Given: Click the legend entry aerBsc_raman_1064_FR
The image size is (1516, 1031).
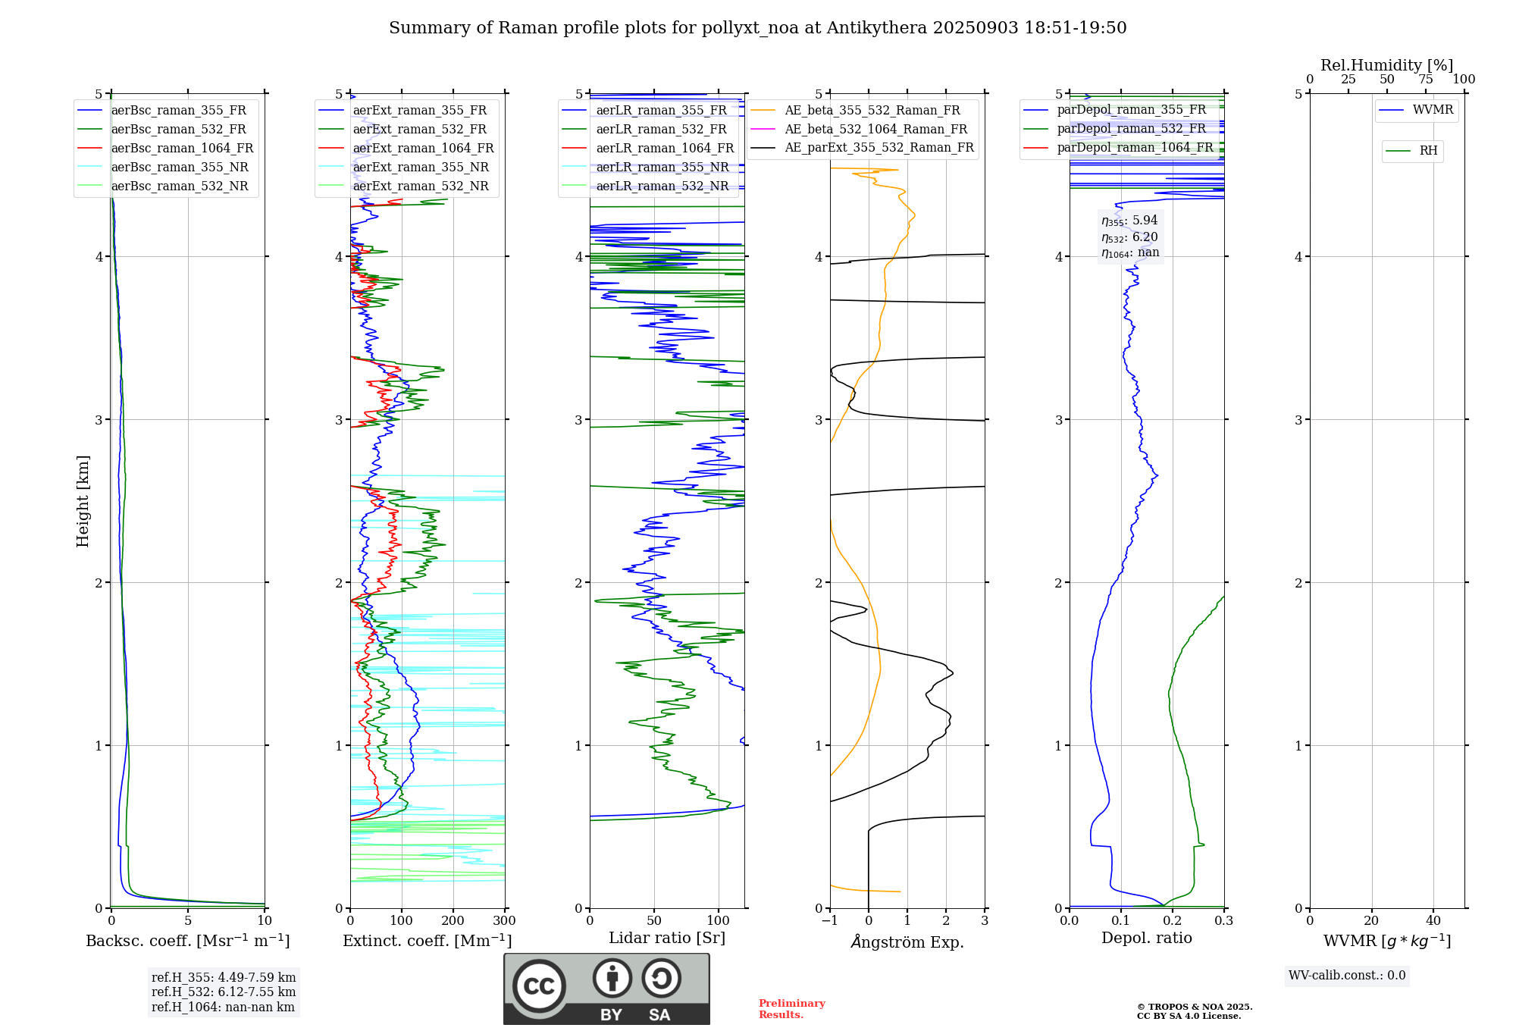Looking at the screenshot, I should pyautogui.click(x=182, y=149).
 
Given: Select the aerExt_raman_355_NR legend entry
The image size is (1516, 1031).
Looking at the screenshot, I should pyautogui.click(x=421, y=168).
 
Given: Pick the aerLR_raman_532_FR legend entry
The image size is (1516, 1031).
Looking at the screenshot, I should pyautogui.click(x=661, y=130).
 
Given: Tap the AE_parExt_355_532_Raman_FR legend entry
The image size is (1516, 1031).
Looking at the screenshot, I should pyautogui.click(x=879, y=148).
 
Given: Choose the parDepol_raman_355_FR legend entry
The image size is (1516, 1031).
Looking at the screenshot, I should pyautogui.click(x=1131, y=110).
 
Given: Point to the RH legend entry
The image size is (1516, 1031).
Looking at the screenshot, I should pyautogui.click(x=1428, y=151).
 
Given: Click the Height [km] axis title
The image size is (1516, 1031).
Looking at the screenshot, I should pyautogui.click(x=83, y=501).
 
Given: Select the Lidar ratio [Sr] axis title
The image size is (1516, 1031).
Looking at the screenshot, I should pyautogui.click(x=667, y=939).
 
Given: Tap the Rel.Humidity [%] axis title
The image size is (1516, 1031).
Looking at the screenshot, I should pyautogui.click(x=1386, y=65).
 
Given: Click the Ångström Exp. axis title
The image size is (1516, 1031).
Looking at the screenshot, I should pyautogui.click(x=907, y=942).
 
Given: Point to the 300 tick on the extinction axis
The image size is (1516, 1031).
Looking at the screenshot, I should pyautogui.click(x=505, y=921).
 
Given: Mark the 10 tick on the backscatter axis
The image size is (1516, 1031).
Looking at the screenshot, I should pyautogui.click(x=265, y=921).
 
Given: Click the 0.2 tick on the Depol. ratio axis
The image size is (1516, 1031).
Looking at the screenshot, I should pyautogui.click(x=1173, y=921).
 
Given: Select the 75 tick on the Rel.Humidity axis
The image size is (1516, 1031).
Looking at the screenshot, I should pyautogui.click(x=1426, y=80).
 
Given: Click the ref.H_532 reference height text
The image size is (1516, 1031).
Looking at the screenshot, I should pyautogui.click(x=224, y=992).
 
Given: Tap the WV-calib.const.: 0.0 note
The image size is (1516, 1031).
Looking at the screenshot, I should pyautogui.click(x=1347, y=976).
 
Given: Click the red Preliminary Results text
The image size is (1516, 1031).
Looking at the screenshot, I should pyautogui.click(x=791, y=1009).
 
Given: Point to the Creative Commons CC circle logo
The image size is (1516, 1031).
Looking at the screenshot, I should pyautogui.click(x=539, y=986).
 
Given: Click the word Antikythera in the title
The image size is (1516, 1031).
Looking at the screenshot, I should pyautogui.click(x=876, y=28).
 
